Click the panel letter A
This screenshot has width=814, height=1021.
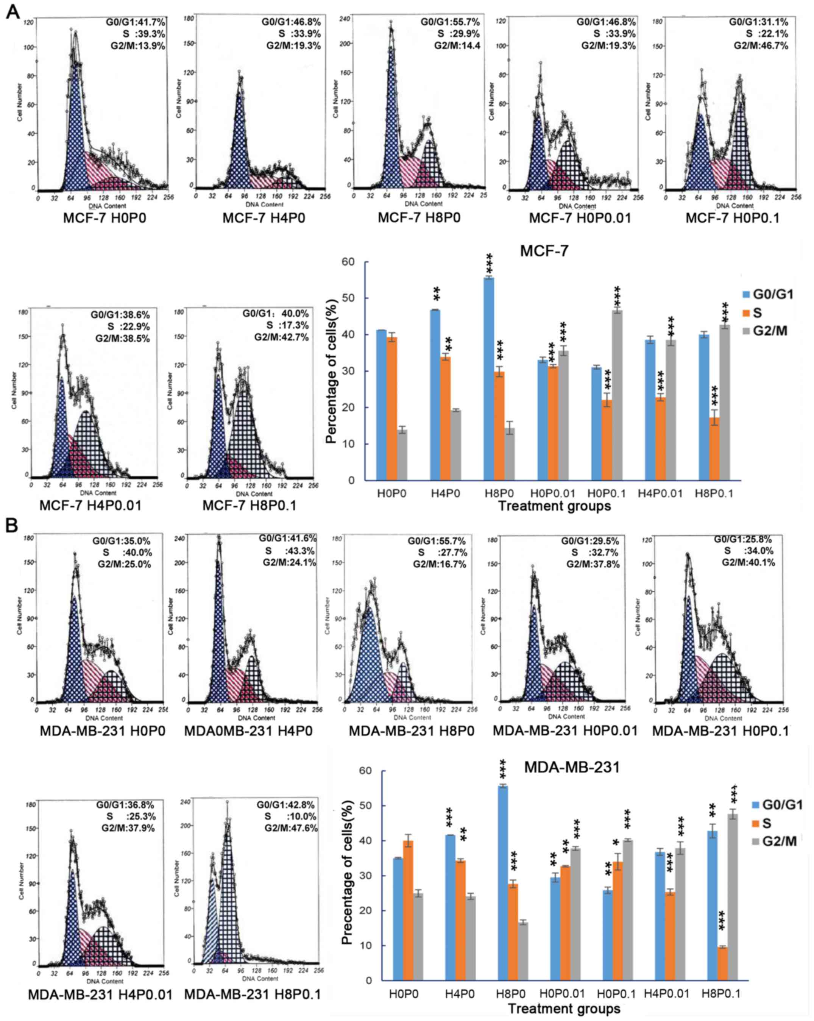point(12,11)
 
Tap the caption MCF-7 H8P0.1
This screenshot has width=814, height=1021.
point(249,505)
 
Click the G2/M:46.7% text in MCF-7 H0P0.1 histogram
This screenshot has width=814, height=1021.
point(761,45)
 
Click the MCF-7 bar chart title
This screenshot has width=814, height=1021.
point(544,250)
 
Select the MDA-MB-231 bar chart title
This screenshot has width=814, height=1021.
point(572,767)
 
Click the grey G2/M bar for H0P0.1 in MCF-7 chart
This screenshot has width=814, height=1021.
point(616,395)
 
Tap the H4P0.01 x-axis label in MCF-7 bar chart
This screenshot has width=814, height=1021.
point(660,493)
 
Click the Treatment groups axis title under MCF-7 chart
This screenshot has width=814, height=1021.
point(555,506)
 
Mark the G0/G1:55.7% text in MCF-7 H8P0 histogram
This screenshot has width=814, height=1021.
point(450,22)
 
